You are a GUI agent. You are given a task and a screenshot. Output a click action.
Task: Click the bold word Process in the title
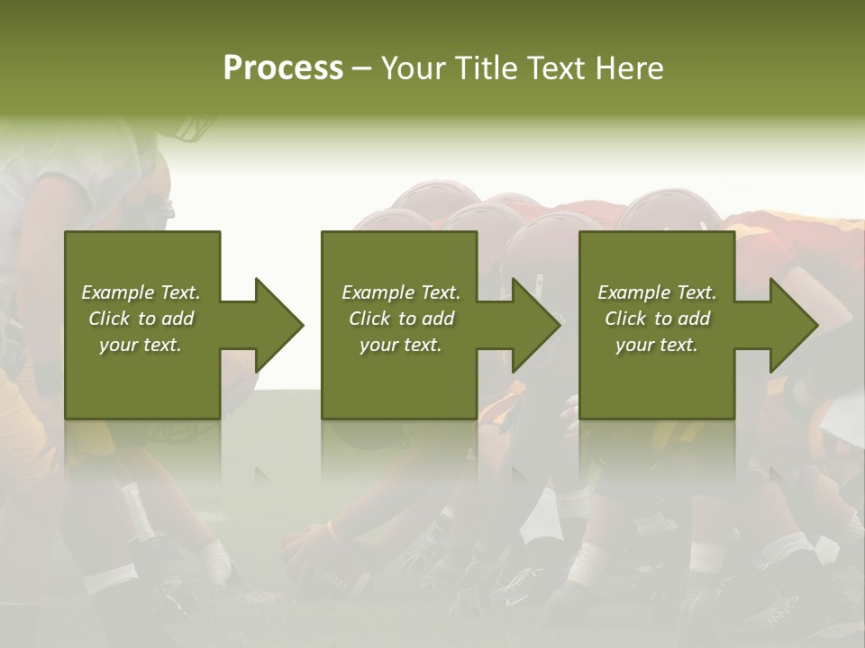[x=283, y=68]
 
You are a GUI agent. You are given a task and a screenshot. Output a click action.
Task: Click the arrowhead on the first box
[x=278, y=325]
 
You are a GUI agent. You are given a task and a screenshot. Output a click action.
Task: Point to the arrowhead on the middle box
[x=535, y=325]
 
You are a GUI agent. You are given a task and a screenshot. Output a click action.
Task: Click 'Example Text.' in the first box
[x=141, y=292]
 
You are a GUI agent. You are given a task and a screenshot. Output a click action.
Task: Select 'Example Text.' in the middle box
[x=401, y=292]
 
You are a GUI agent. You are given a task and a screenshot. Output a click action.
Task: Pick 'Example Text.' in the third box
[x=657, y=292]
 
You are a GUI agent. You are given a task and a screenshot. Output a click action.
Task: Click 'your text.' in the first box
[x=141, y=345]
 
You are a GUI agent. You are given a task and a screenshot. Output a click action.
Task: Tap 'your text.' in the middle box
[x=401, y=345]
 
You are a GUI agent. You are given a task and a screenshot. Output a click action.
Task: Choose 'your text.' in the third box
[x=657, y=345]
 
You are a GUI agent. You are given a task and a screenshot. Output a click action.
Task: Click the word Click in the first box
[x=109, y=319]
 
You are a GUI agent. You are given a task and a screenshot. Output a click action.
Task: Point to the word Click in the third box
[x=625, y=319]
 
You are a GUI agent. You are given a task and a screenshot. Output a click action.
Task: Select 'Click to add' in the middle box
[x=401, y=319]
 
